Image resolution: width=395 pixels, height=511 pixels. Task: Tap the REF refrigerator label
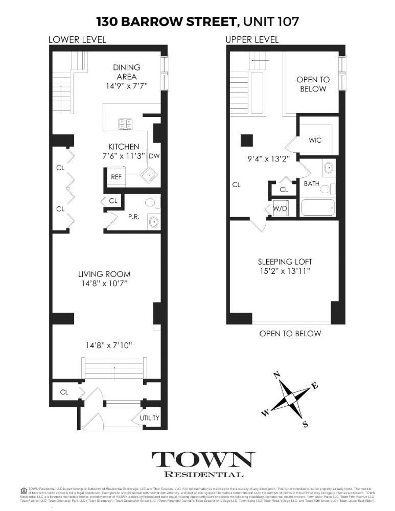tap(116, 177)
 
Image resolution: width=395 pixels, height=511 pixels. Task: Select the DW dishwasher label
tap(154, 156)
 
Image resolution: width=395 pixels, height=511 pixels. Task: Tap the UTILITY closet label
tap(149, 418)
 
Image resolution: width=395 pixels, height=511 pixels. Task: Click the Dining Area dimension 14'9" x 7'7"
tap(127, 86)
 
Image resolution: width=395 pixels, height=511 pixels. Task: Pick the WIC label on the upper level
tap(315, 140)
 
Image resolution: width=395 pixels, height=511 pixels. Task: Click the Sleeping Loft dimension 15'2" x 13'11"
tap(285, 271)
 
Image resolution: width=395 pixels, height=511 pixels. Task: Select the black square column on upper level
tap(247, 141)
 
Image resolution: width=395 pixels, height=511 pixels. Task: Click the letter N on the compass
tap(277, 375)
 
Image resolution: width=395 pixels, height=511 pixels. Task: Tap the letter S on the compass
tap(305, 424)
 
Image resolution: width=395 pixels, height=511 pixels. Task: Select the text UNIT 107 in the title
tap(271, 22)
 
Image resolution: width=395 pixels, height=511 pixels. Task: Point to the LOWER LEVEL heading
tap(77, 40)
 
